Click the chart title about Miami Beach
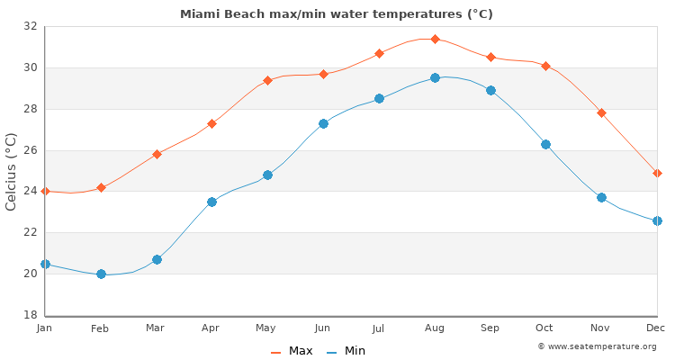point(337,14)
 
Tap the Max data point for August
point(435,39)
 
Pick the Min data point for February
point(101,274)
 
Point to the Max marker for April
point(212,123)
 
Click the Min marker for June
point(323,123)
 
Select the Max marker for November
point(601,112)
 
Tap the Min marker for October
point(545,144)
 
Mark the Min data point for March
point(157,259)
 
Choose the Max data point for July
point(379,53)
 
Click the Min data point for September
point(490,90)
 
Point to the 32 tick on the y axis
point(30,26)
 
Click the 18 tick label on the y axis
point(30,315)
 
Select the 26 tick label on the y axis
point(30,150)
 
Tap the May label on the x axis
point(267,328)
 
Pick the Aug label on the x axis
point(435,328)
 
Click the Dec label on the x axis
point(656,328)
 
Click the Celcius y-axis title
point(12,171)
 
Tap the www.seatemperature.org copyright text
point(597,346)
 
